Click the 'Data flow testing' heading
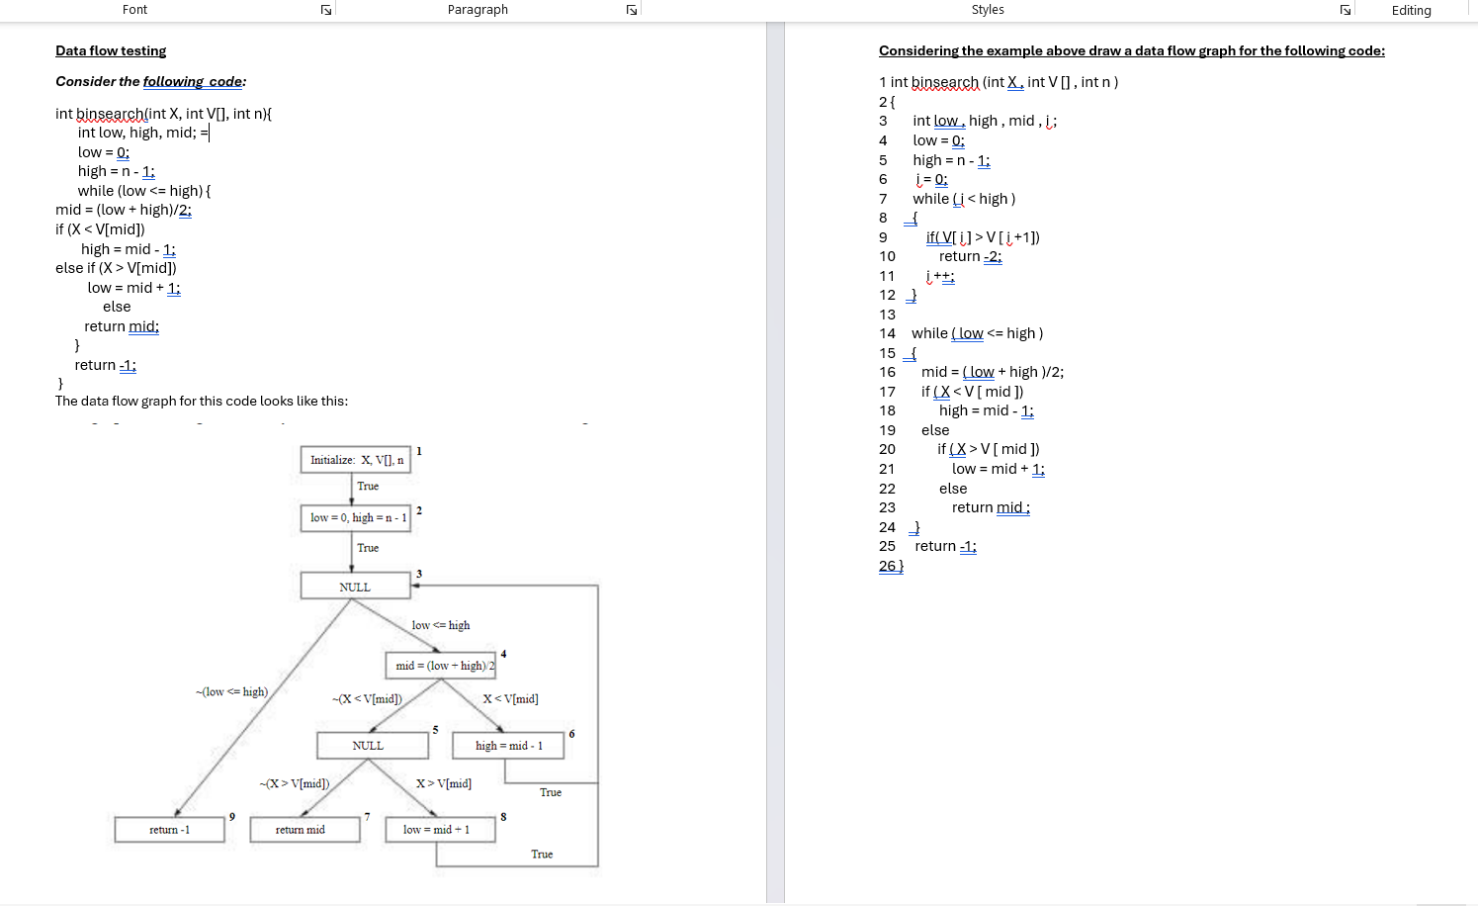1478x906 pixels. click(x=111, y=50)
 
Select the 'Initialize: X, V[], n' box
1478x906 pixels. click(x=356, y=460)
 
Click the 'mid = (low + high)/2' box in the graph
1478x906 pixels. click(x=441, y=666)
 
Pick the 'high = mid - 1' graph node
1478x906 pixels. click(x=508, y=746)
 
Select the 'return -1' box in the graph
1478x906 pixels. click(x=169, y=830)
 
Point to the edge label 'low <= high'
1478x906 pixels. click(x=441, y=625)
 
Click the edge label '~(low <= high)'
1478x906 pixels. click(x=231, y=691)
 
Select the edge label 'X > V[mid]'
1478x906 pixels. click(x=444, y=783)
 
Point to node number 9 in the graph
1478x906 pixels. click(x=232, y=816)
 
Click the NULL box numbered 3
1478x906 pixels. click(x=355, y=587)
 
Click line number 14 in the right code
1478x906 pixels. click(x=887, y=333)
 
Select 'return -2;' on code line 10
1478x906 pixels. click(x=970, y=256)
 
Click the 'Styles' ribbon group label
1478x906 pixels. click(x=987, y=10)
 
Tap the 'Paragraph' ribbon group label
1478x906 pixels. click(x=478, y=10)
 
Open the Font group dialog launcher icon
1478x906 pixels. click(x=326, y=10)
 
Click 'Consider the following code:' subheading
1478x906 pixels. click(x=150, y=81)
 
